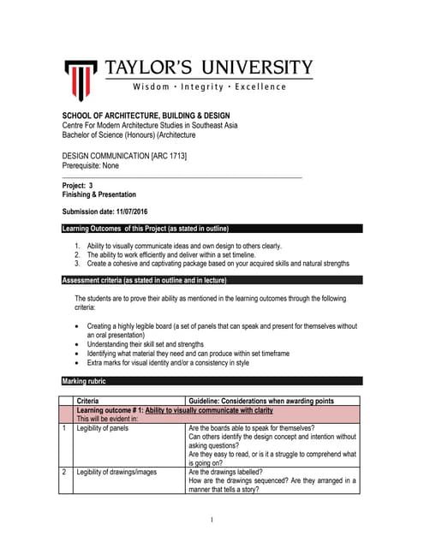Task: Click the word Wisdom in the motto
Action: pos(152,87)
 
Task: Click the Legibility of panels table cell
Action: pos(102,428)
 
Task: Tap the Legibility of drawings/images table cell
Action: pos(116,472)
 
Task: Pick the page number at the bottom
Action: pos(212,520)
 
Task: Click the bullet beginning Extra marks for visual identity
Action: pos(168,363)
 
